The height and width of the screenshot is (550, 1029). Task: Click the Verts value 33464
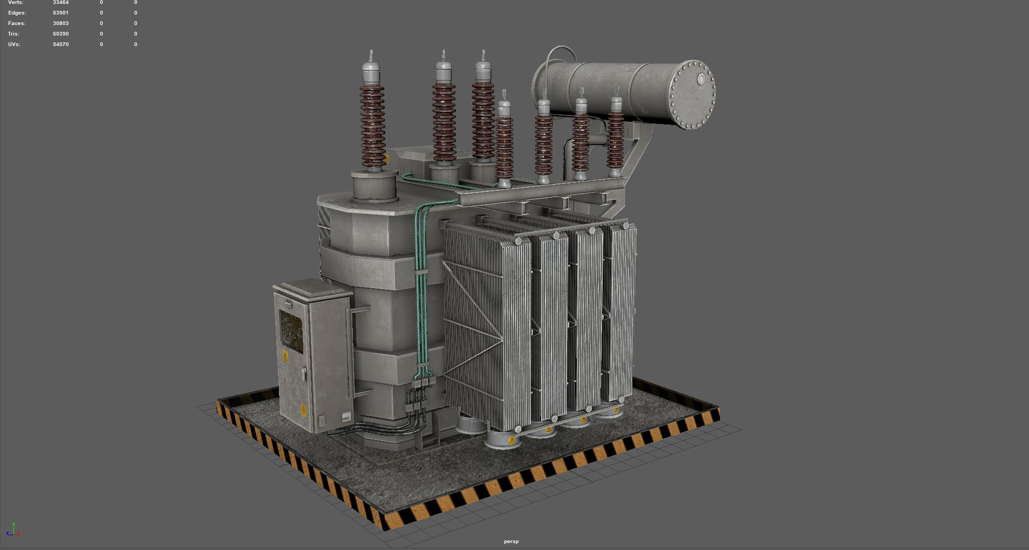61,3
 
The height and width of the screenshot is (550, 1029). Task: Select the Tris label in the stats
13,34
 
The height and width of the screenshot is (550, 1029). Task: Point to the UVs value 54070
61,44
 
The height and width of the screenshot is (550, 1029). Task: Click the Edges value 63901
61,13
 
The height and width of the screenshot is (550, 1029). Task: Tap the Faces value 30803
61,24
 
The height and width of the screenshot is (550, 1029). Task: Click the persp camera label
511,541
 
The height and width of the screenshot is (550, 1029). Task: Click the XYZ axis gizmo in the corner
12,530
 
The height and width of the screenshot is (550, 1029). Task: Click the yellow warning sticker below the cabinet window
285,356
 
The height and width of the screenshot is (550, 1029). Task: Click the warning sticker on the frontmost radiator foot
511,441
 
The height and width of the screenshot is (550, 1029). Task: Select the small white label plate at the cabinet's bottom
347,416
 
